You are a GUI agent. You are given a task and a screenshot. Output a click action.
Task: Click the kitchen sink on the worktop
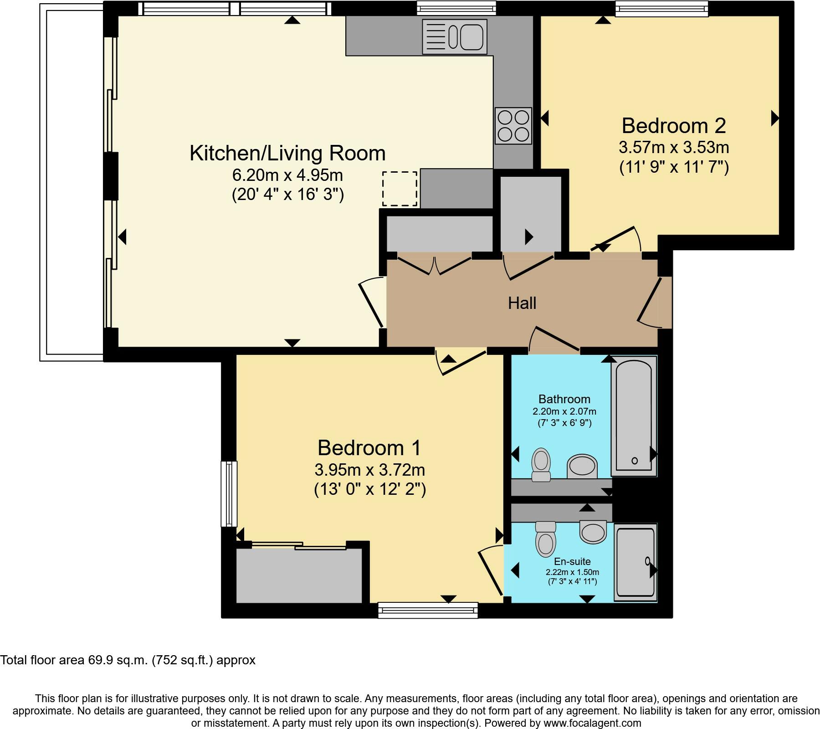(455, 36)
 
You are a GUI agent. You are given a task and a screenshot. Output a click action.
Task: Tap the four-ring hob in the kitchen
(513, 126)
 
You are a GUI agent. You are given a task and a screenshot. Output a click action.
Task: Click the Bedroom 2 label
(674, 126)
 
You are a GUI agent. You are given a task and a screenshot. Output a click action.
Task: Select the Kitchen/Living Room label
(287, 153)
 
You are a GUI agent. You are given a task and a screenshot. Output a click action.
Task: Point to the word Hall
(522, 303)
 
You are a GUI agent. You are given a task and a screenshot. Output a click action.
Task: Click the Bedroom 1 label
(369, 448)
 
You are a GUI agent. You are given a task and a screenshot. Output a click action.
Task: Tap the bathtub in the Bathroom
(634, 416)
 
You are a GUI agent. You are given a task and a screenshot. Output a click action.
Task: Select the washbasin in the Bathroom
(582, 467)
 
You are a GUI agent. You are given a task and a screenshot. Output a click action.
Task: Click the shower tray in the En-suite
(635, 562)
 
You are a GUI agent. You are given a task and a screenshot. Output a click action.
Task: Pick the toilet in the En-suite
(546, 539)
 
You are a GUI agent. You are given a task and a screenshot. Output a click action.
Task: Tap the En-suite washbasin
(593, 532)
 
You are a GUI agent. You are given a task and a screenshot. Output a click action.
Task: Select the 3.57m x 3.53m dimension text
(674, 148)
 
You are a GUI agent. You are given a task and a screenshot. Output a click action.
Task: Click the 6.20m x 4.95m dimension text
(287, 175)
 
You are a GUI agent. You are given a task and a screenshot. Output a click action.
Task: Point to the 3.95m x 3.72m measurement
(369, 470)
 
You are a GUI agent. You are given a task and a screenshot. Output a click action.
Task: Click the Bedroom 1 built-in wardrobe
(299, 575)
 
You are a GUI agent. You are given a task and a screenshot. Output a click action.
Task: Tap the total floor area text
(128, 660)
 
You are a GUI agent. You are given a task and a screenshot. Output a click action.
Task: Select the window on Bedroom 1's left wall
(229, 494)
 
